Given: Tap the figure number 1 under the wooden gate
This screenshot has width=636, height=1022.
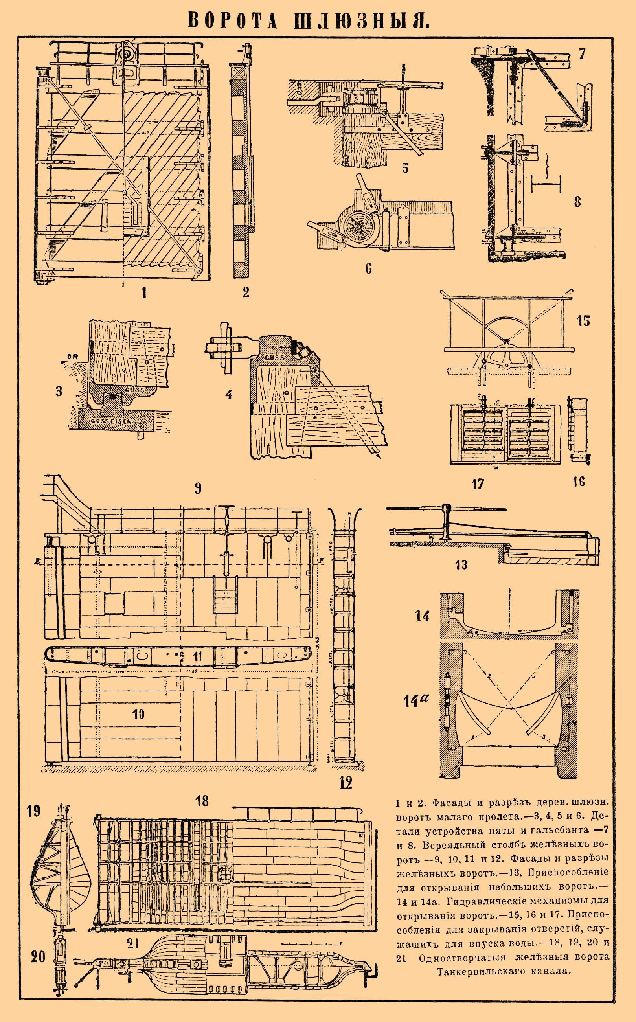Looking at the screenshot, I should coord(144,292).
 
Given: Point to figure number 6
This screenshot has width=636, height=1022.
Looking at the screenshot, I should coord(368,268).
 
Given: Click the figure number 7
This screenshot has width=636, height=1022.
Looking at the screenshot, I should coord(582,54).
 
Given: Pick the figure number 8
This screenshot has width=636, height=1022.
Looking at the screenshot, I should coord(577,202).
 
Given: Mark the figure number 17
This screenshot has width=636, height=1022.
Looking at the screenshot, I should coord(478,484).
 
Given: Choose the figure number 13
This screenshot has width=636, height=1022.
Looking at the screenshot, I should coord(461,565).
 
